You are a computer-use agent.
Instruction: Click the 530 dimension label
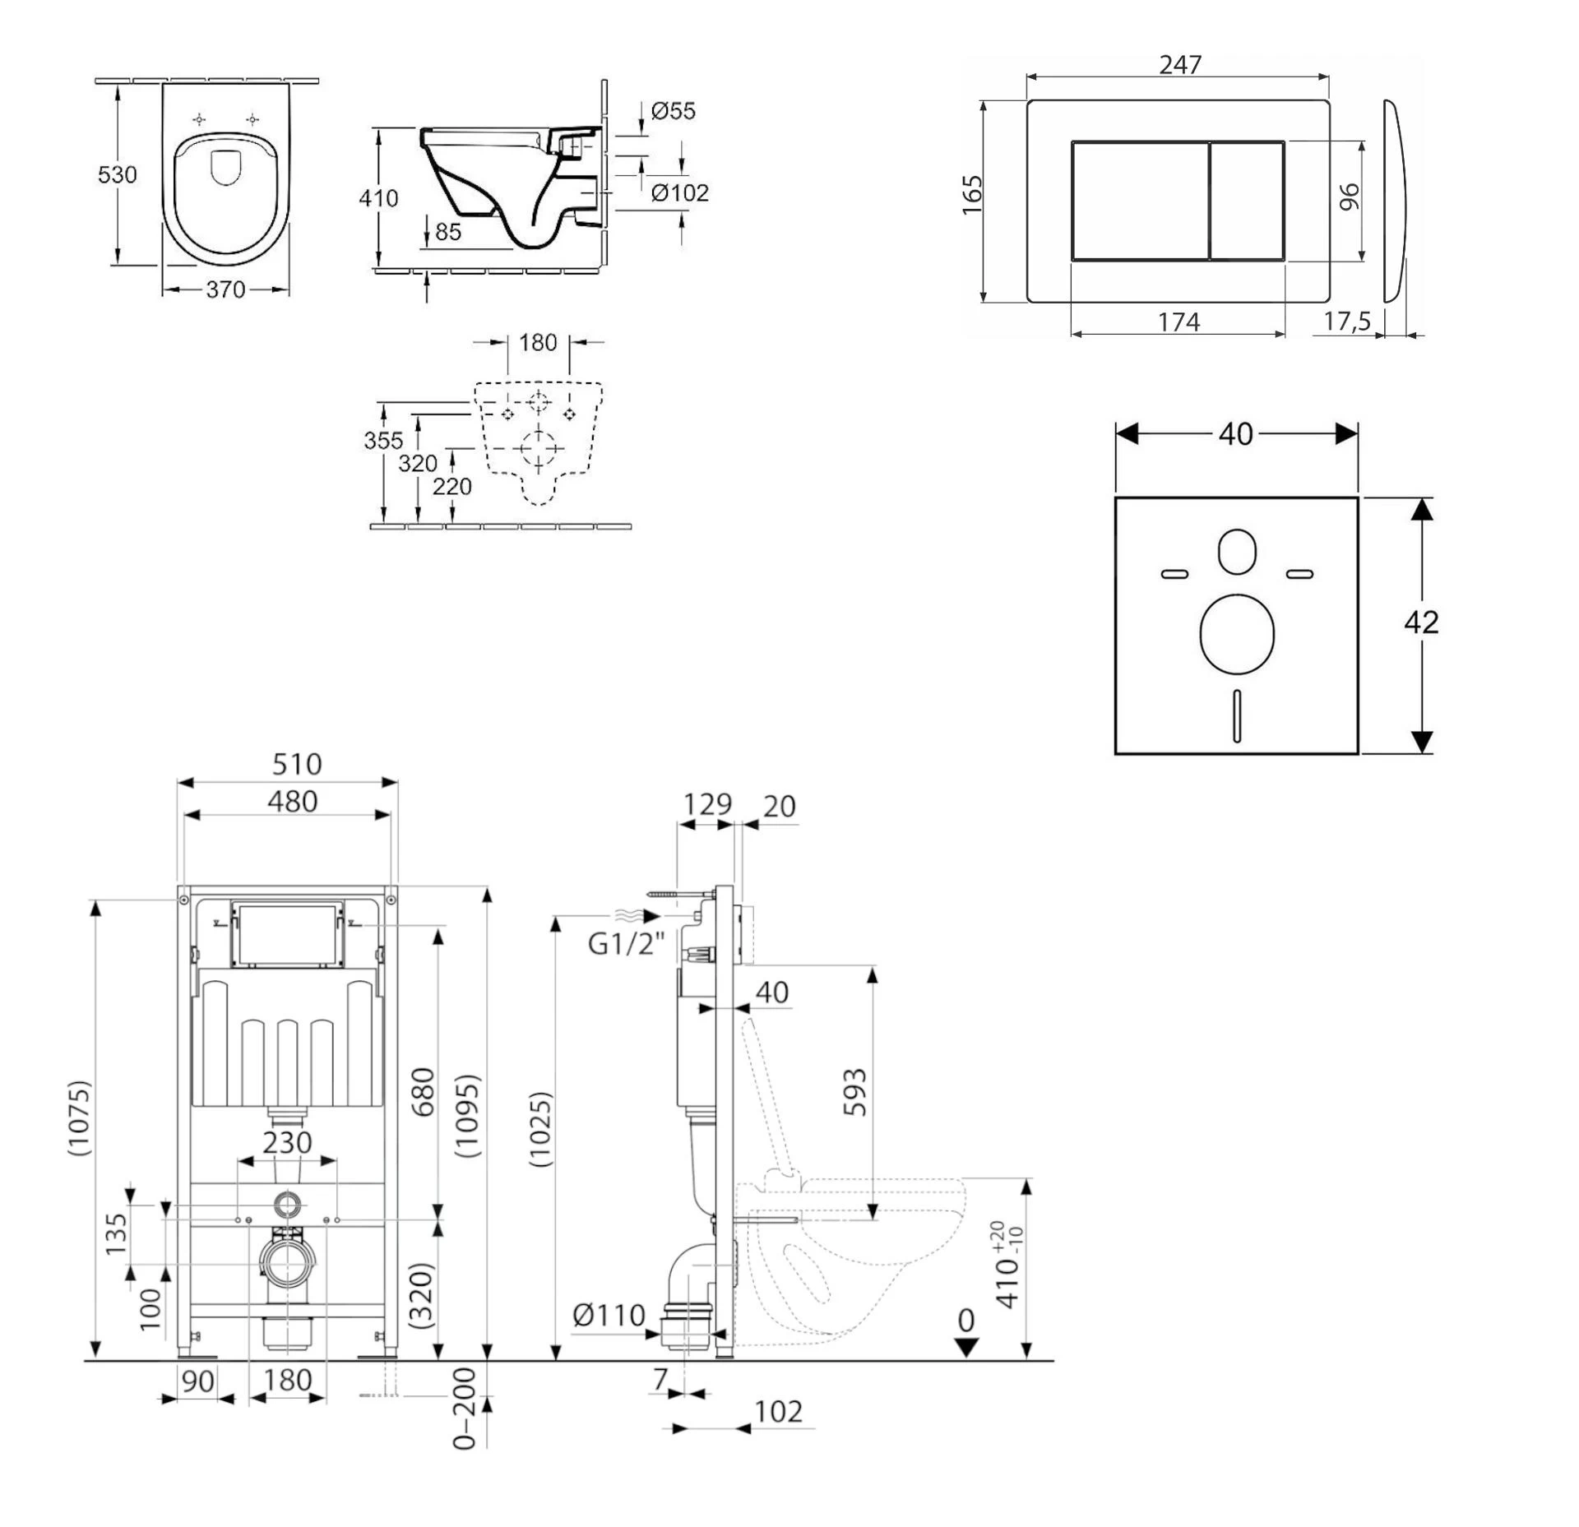117,174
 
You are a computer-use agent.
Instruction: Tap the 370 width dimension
225,289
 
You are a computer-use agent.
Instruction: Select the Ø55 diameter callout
672,110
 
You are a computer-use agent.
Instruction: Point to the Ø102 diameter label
679,193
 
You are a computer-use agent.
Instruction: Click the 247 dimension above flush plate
1180,65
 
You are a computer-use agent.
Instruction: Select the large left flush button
1140,201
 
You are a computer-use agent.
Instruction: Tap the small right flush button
1247,201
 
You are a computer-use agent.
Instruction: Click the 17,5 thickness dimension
1346,322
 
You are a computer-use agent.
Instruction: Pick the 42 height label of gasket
1421,622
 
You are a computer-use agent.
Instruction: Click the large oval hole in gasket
1237,634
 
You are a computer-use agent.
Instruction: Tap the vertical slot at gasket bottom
1237,715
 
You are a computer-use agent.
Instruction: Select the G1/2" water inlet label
626,944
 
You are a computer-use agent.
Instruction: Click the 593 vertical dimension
855,1092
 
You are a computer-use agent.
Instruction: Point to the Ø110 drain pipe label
609,1315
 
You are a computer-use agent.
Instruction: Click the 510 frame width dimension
297,764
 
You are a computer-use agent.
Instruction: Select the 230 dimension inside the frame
287,1142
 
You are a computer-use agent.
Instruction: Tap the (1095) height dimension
467,1115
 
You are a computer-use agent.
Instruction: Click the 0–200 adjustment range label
465,1432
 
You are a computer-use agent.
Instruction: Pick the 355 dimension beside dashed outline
383,441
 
